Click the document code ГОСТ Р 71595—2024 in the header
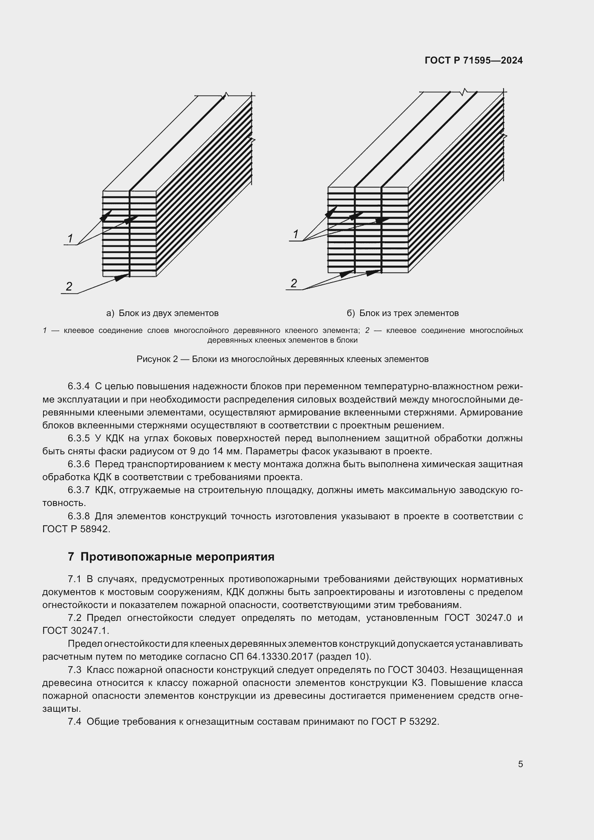(x=474, y=61)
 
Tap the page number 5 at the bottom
(x=520, y=764)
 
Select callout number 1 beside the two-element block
(x=70, y=238)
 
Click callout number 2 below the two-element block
(x=69, y=287)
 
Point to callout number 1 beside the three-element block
(x=296, y=234)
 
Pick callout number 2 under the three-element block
(x=294, y=283)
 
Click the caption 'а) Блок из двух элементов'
(x=162, y=313)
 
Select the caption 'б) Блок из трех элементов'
(x=403, y=313)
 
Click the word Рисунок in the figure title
(x=157, y=359)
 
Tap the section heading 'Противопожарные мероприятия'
(x=177, y=557)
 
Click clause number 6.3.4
(x=79, y=386)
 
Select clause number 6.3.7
(x=79, y=490)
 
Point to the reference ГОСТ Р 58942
(x=76, y=529)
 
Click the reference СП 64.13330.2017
(x=271, y=657)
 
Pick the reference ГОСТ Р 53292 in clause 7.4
(x=404, y=721)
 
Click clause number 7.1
(x=75, y=579)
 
